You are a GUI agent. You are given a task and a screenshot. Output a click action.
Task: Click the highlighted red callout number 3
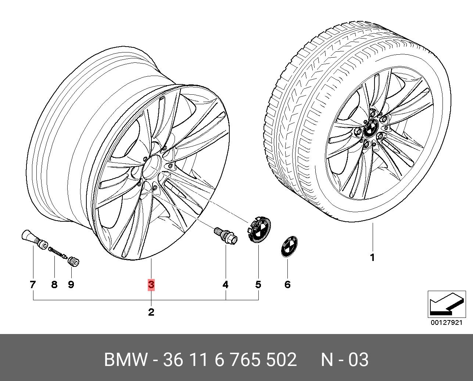151,285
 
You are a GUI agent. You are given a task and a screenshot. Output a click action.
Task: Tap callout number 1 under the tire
372,258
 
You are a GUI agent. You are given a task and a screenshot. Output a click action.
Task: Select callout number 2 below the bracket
151,312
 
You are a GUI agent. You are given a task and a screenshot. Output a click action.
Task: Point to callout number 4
226,285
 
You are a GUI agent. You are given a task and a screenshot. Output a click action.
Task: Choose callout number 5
258,285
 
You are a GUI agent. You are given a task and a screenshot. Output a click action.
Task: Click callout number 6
287,285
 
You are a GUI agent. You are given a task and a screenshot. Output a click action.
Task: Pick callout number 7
33,285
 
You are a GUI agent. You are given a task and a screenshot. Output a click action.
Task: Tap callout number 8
54,285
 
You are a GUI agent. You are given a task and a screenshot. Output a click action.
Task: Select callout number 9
71,285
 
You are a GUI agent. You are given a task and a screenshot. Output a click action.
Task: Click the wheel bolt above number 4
226,235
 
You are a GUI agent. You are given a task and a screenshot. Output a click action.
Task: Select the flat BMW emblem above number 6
289,246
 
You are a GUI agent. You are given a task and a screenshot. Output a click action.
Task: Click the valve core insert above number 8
58,252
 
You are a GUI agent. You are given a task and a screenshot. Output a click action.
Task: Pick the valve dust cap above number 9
74,261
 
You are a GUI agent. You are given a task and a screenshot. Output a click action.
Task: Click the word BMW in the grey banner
125,360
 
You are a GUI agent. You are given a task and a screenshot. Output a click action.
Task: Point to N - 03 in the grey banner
345,360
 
